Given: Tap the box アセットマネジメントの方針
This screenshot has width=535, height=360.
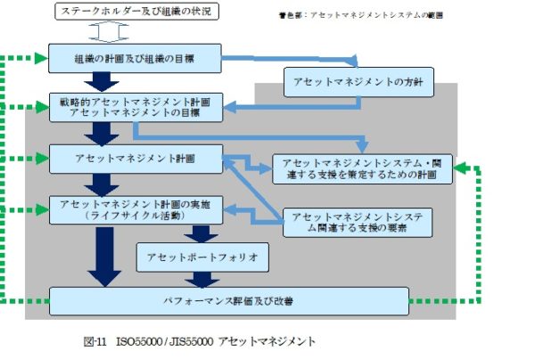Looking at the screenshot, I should tap(359, 82).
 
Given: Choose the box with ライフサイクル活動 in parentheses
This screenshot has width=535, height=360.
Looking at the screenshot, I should tap(134, 210).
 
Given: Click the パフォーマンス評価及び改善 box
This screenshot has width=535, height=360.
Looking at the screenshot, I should tap(228, 301).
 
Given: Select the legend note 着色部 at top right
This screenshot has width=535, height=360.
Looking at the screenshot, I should tap(360, 15).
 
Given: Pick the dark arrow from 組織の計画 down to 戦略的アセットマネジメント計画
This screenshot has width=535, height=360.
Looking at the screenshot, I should tap(100, 83).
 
